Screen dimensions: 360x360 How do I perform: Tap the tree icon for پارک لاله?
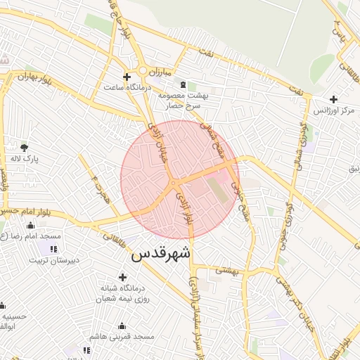click(x=25, y=148)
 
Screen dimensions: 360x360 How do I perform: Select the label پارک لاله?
click(x=25, y=159)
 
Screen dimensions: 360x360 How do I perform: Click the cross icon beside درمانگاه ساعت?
click(x=127, y=77)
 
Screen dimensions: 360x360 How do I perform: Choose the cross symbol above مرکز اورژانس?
click(x=333, y=99)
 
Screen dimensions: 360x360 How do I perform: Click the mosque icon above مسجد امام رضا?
click(x=30, y=226)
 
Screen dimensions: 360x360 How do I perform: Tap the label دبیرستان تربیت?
click(x=53, y=260)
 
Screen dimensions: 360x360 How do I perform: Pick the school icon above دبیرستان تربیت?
click(x=53, y=249)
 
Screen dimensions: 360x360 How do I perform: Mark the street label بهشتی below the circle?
click(x=226, y=270)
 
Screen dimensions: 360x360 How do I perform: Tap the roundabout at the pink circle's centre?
click(x=173, y=184)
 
